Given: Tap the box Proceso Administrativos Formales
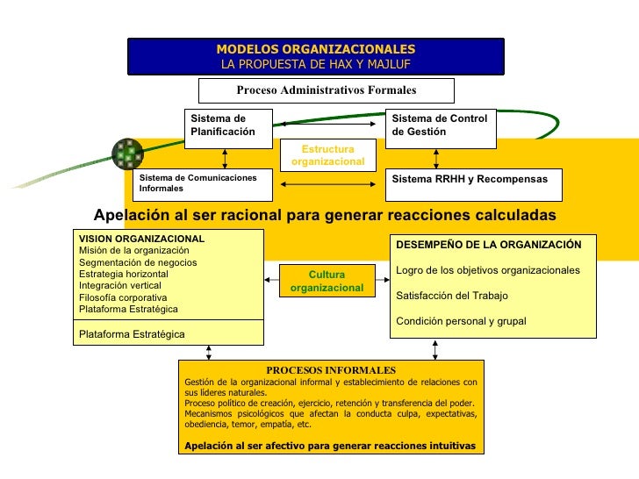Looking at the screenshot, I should tap(326, 90).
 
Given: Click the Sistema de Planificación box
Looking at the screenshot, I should tap(227, 125).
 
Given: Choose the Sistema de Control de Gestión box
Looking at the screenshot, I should tap(442, 125).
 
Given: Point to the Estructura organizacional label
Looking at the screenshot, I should tap(327, 156).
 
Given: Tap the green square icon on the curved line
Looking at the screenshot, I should tap(130, 154).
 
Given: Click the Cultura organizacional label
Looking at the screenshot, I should tap(327, 281).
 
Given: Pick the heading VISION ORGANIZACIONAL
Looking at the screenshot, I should tap(141, 239).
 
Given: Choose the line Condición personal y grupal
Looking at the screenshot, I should tap(462, 321).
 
